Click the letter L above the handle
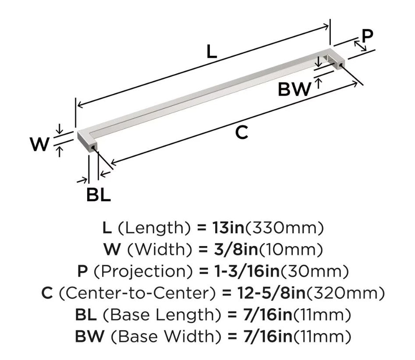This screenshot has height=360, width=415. click(212, 52)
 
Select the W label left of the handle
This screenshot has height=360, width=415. click(40, 144)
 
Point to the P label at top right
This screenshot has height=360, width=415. click(367, 36)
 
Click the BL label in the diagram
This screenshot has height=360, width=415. click(99, 195)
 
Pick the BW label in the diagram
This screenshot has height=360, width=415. click(294, 89)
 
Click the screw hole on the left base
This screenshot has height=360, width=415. click(93, 147)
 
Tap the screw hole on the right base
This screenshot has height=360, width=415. click(341, 64)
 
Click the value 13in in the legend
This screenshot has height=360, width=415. click(228, 228)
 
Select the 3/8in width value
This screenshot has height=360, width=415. click(236, 249)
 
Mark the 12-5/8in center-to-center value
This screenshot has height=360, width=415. click(272, 293)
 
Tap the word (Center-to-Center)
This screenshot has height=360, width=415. click(137, 293)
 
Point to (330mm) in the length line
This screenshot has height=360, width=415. click(284, 228)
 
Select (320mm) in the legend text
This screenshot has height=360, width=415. click(345, 293)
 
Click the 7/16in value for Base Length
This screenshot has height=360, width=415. click(268, 315)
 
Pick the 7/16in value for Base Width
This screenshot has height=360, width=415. click(268, 336)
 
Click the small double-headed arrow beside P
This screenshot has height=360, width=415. click(360, 46)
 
